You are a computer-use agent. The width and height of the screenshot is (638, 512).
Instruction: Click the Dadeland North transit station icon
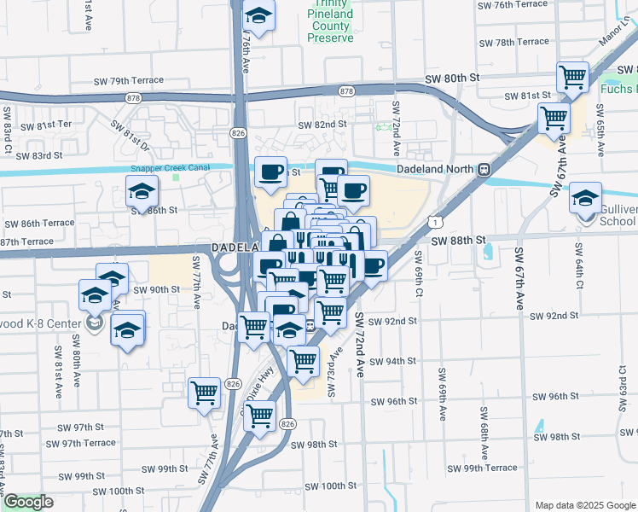click(x=484, y=169)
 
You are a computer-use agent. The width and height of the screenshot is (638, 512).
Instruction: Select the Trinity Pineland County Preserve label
click(x=330, y=27)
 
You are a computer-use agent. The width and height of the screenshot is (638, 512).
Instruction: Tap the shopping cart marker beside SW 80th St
click(x=573, y=78)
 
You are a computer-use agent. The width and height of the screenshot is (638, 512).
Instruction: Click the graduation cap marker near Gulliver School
click(x=585, y=199)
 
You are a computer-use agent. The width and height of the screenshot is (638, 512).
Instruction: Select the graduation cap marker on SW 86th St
click(x=142, y=191)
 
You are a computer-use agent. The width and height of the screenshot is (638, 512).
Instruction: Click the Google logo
click(x=27, y=502)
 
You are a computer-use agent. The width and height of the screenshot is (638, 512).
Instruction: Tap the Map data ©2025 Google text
click(x=585, y=505)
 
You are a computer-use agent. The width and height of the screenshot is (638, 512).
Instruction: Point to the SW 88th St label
click(x=456, y=241)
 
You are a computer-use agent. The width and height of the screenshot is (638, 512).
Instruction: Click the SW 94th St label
click(x=393, y=361)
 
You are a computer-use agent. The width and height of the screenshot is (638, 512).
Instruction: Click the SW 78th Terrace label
click(x=513, y=42)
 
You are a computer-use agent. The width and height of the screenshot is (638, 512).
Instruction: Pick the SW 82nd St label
click(x=322, y=125)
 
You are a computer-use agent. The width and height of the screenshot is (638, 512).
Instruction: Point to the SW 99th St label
click(x=159, y=468)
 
